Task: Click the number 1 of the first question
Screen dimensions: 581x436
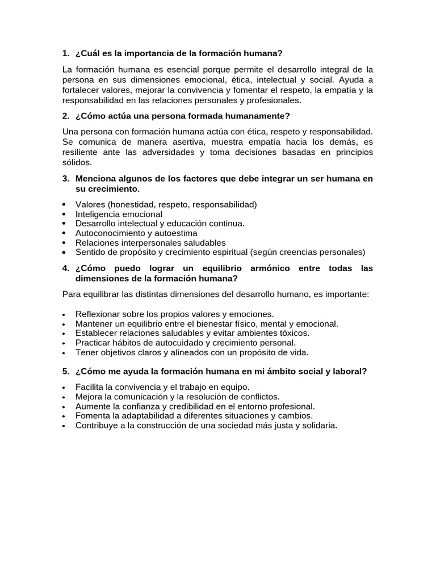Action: tap(65, 54)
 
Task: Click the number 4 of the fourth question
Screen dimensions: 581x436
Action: tap(65, 268)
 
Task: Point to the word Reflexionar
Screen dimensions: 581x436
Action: tap(98, 314)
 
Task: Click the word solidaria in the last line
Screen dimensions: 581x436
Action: tap(318, 425)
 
